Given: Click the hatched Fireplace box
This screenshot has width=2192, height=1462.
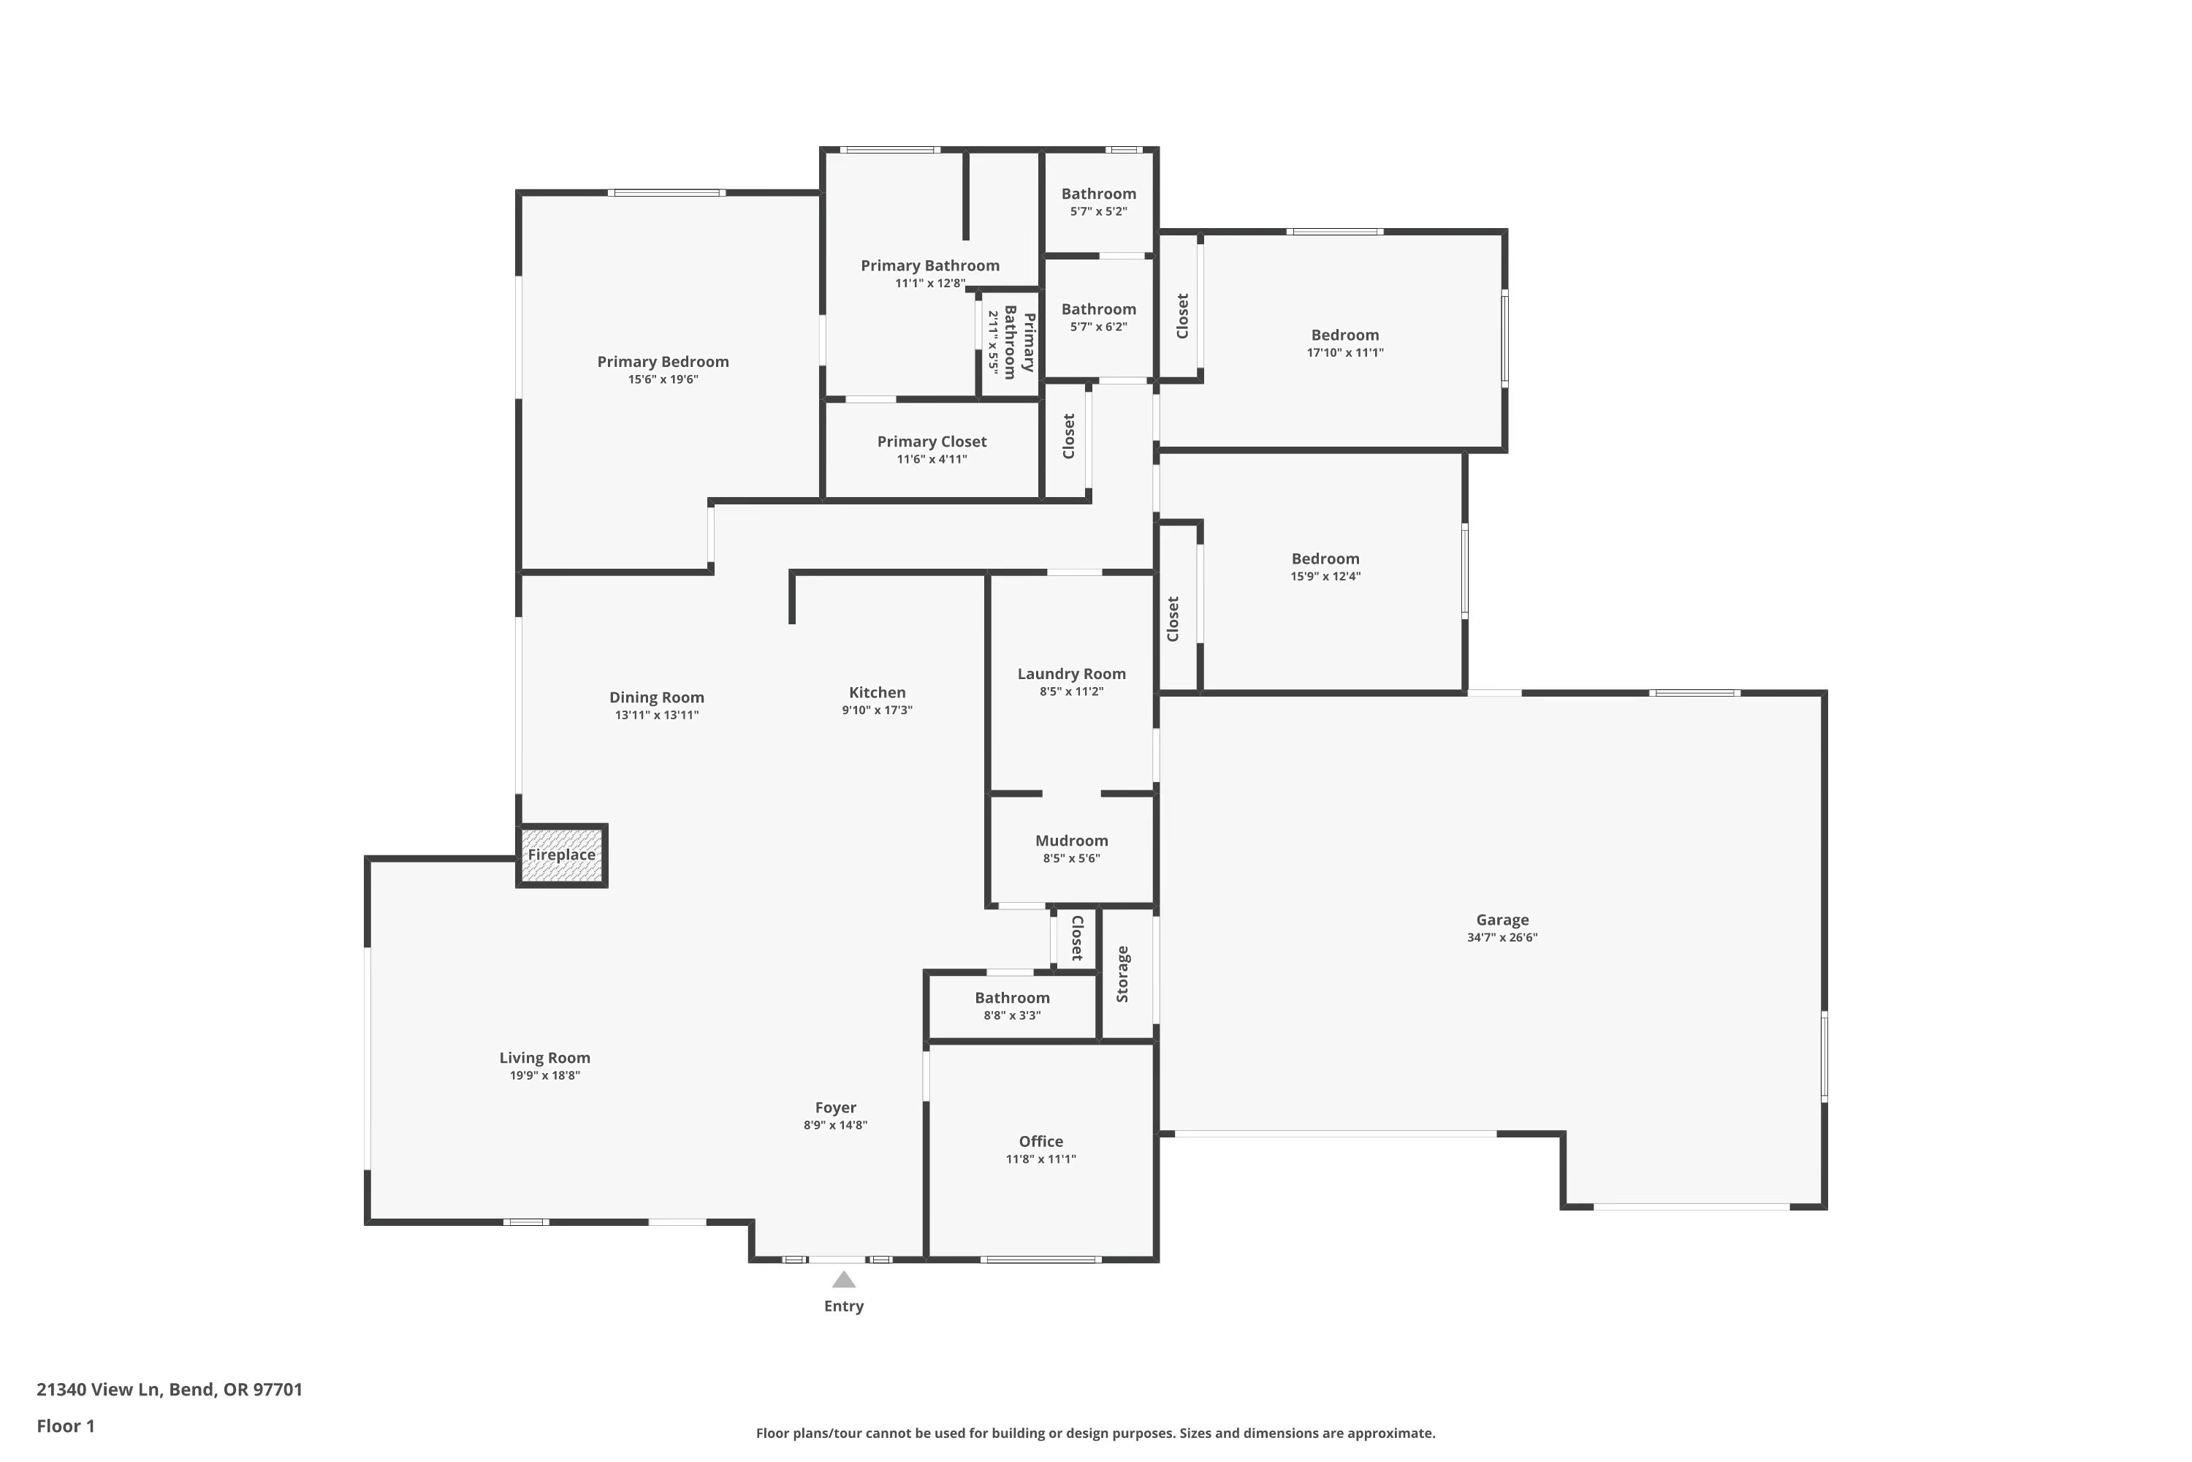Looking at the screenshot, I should (562, 855).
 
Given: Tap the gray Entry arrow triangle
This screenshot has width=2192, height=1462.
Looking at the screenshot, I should (843, 1279).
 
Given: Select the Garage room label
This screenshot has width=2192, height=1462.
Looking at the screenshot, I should (1502, 920).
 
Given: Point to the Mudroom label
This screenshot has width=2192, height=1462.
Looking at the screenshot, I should (1071, 840).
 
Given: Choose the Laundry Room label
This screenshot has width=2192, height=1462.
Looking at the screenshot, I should (1071, 673).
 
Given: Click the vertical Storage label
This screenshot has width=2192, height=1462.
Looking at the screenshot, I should (1122, 974).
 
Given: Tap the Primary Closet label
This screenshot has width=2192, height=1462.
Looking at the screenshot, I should (931, 441).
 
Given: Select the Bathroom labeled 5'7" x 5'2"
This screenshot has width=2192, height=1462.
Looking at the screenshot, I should (1098, 194).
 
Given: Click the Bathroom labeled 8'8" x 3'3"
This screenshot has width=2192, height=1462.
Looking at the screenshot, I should (1011, 998).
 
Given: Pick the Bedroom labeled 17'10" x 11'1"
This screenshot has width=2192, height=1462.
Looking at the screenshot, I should (1344, 335).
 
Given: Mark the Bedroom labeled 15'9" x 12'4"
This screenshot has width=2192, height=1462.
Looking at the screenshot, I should (1324, 558).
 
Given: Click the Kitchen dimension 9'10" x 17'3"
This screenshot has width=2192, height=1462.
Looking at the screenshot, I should (876, 711).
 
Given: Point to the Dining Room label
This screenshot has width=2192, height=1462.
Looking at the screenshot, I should (656, 697).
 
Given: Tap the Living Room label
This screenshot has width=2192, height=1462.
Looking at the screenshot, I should (544, 1057).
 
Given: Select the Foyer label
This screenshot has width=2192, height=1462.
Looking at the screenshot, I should (835, 1107).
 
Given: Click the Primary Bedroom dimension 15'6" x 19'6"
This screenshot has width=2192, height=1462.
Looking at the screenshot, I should (663, 379).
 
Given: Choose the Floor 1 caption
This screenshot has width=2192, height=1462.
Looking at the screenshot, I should (65, 1425).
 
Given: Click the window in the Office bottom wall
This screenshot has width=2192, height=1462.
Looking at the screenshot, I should (1040, 1260).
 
